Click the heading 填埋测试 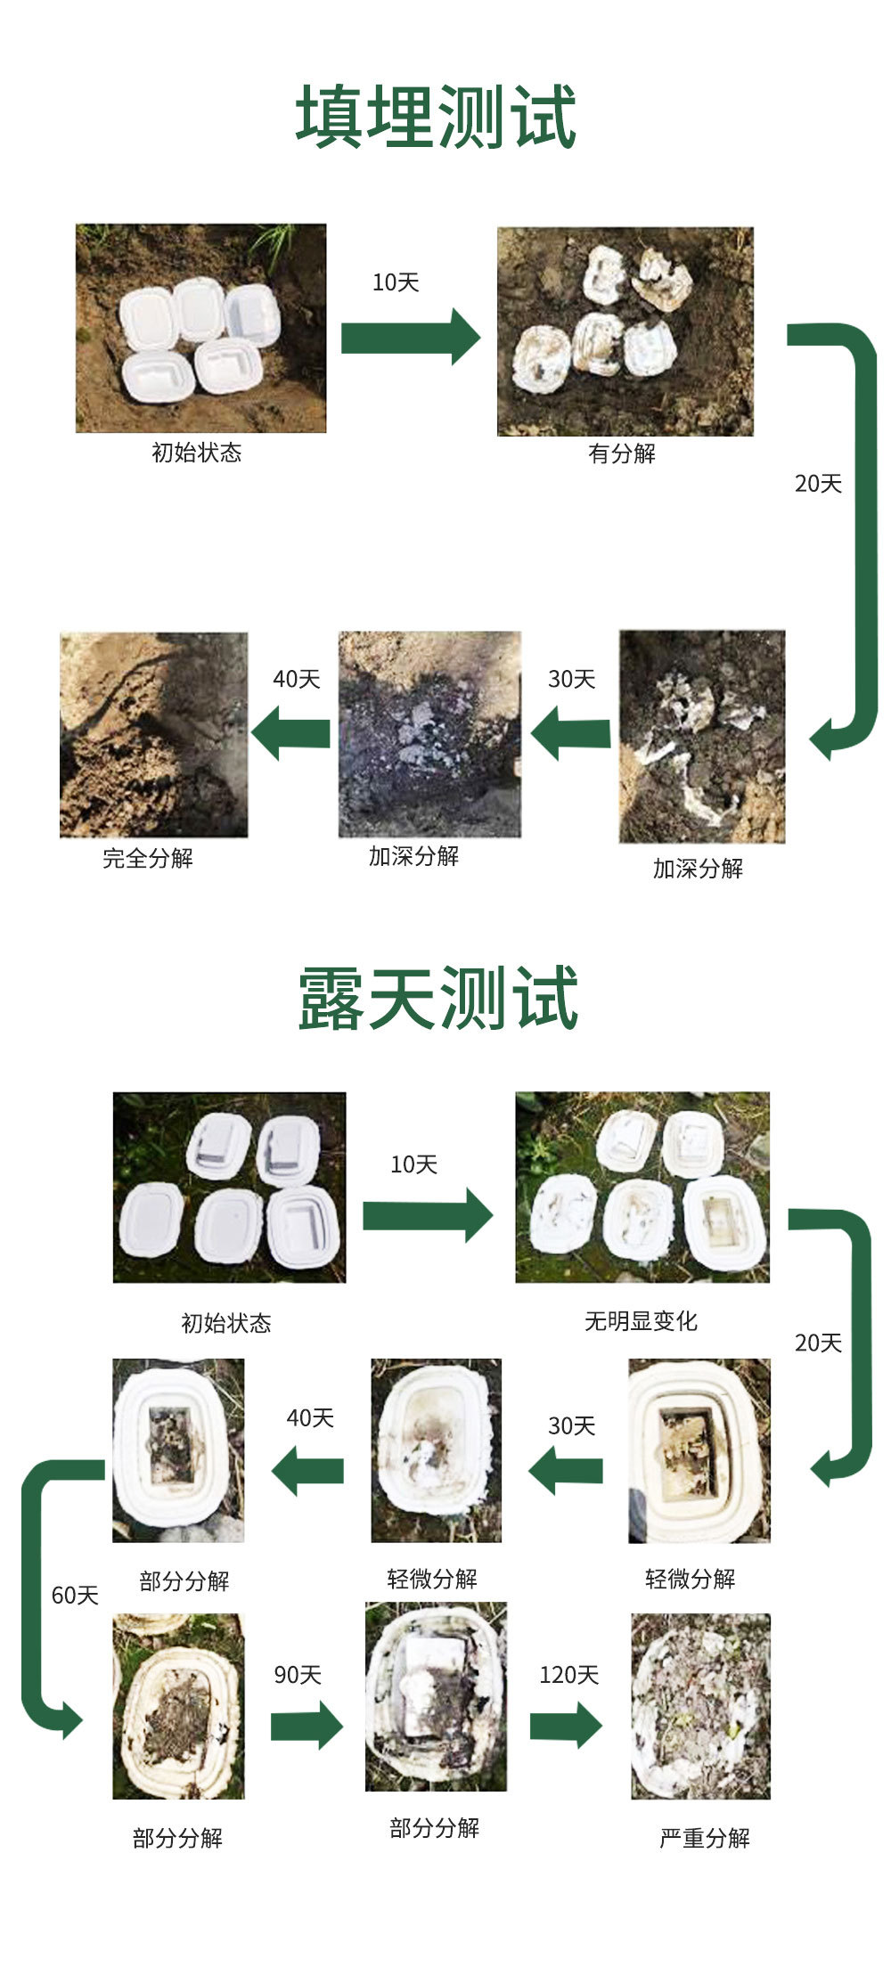click(436, 117)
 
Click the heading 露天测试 click(437, 999)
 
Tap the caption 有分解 click(621, 453)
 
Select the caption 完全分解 click(148, 858)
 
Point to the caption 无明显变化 click(641, 1321)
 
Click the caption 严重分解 click(704, 1838)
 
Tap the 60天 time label click(75, 1595)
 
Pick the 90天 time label click(298, 1675)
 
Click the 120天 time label click(568, 1675)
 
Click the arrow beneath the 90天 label click(307, 1727)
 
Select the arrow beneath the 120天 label click(566, 1726)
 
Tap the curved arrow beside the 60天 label click(40, 1595)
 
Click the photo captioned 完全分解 click(153, 735)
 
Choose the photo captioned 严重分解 click(700, 1706)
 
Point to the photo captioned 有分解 click(625, 331)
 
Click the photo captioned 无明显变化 click(642, 1188)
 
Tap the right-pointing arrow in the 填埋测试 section click(411, 337)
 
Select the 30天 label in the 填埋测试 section click(571, 679)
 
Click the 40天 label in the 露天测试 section click(310, 1417)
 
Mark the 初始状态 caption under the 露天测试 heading click(226, 1323)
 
